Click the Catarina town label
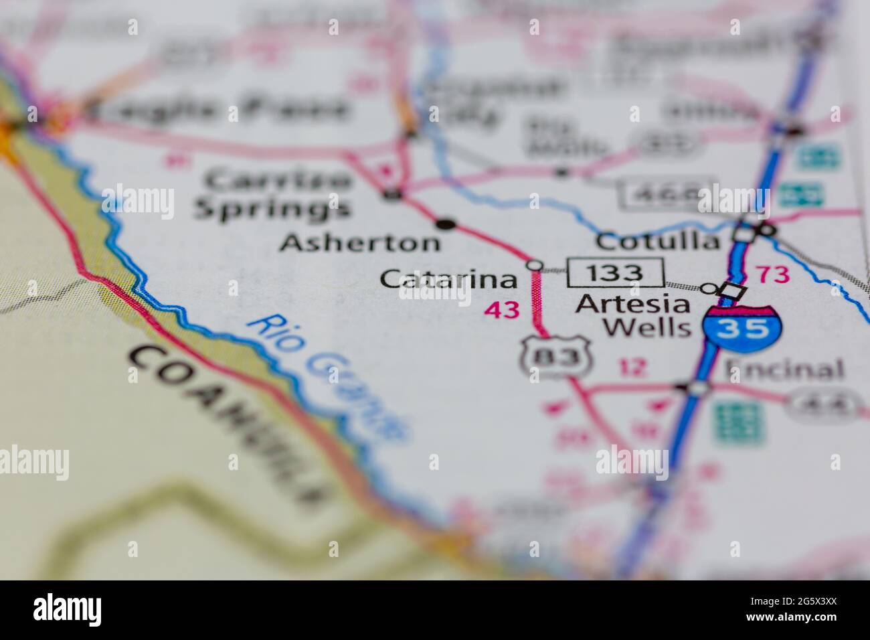coord(448,279)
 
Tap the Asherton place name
coord(360,242)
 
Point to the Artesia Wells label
coord(632,316)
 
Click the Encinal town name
coord(784,370)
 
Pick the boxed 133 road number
coord(616,272)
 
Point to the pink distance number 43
coord(502,310)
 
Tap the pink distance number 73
coord(772,274)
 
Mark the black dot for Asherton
coord(446,224)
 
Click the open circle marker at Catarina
coord(534,266)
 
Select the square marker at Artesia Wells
coord(733,292)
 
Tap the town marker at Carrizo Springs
coord(393,195)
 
